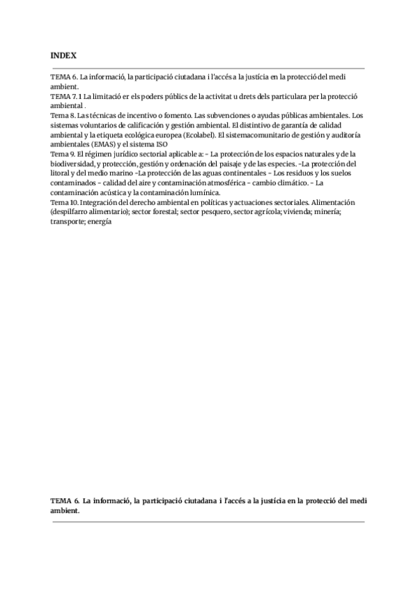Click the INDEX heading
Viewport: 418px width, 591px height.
tap(63, 54)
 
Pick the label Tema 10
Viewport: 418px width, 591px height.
tap(63, 201)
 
